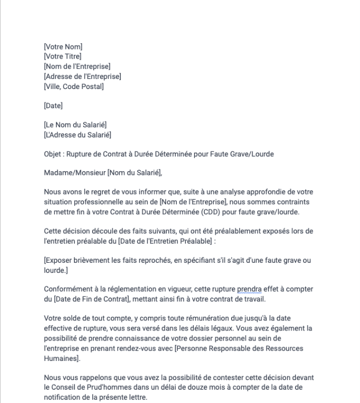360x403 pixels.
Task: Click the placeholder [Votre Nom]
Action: coord(63,47)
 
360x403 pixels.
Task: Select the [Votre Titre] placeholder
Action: coord(62,57)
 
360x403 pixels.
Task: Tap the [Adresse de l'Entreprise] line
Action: coord(82,76)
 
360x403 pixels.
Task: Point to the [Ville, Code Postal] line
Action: coord(73,86)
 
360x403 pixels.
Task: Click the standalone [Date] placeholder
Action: coord(53,106)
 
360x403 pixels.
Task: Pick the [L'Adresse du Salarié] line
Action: coord(77,135)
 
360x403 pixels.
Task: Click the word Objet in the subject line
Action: coord(53,155)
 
